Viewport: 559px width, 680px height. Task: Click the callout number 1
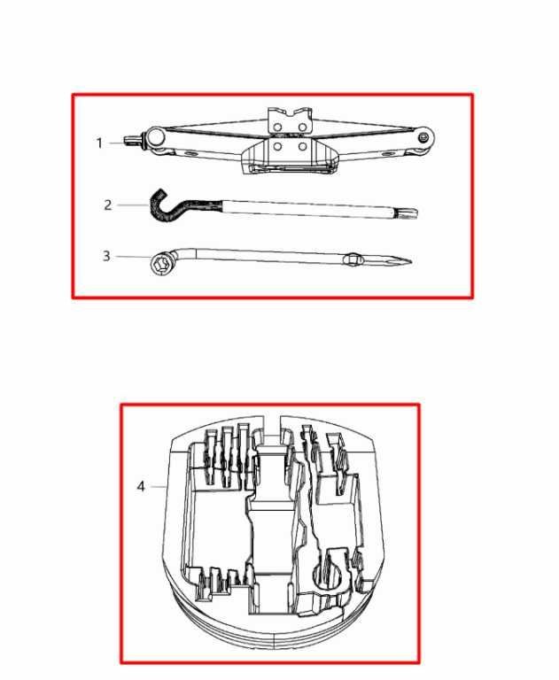tap(99, 143)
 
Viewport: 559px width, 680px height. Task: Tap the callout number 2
tap(107, 205)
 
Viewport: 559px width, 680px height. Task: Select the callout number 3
tap(106, 256)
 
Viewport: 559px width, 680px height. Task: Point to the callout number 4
tap(141, 487)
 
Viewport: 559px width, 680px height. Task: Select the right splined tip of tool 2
tap(410, 212)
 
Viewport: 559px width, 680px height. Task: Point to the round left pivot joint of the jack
tap(156, 137)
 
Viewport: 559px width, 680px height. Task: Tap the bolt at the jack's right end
tap(423, 138)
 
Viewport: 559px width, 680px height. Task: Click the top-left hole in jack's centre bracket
tap(278, 127)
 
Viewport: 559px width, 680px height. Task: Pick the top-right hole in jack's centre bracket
tap(302, 127)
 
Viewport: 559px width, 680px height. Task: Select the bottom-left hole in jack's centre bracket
tap(278, 147)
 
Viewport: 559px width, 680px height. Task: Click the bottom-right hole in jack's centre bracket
tap(302, 147)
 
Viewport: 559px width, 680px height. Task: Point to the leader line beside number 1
tap(116, 143)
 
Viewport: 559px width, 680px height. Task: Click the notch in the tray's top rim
tap(272, 427)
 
